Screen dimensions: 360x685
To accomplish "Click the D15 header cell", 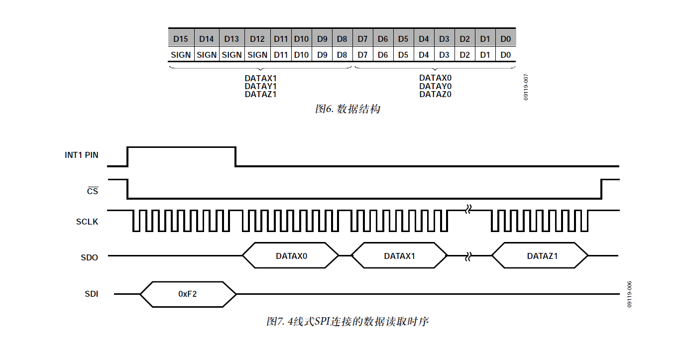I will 181,39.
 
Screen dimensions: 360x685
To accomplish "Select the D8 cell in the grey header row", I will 342,39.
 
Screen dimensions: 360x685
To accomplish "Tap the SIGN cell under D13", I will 231,55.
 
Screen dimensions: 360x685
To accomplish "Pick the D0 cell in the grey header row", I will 505,39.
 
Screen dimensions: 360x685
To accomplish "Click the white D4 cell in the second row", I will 424,55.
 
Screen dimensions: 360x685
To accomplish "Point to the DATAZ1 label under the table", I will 260,94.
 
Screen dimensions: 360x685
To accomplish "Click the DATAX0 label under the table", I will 435,78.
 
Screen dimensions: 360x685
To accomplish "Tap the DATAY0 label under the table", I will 435,86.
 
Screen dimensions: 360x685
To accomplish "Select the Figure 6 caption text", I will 347,109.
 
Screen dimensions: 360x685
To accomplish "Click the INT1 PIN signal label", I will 82,155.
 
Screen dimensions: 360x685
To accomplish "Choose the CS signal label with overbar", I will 93,191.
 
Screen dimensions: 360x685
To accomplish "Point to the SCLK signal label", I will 87,222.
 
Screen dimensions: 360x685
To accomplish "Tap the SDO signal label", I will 90,258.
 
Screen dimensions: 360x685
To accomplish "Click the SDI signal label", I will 91,294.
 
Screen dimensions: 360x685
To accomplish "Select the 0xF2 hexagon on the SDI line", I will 188,294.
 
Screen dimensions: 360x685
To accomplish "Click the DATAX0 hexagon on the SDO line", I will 291,256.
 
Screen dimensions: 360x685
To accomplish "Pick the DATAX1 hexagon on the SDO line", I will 399,256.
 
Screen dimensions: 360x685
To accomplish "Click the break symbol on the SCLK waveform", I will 468,210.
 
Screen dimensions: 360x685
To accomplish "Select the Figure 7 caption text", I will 347,322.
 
